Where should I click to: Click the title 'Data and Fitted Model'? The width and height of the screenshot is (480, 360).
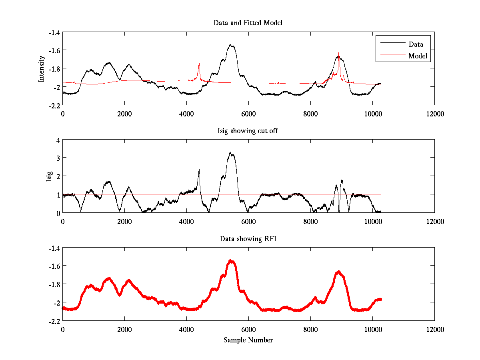(248, 23)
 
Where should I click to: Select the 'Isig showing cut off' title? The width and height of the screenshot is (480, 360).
(248, 131)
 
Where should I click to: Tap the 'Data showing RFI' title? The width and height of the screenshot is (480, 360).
(248, 239)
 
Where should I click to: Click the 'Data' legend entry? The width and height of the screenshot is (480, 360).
(416, 44)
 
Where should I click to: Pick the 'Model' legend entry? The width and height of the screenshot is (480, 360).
(418, 56)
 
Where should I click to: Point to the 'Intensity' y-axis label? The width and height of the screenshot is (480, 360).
(41, 69)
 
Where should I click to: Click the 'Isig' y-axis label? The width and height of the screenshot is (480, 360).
(49, 176)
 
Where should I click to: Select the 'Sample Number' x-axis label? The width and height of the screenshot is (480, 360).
(248, 340)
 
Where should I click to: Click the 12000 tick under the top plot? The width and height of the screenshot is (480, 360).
(434, 114)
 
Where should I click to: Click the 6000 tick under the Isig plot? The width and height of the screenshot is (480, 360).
(248, 221)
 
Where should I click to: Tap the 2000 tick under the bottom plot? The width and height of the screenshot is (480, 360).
(124, 329)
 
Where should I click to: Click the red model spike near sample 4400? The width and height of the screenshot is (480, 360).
(199, 64)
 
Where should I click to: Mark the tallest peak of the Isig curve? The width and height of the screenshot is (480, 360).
(230, 152)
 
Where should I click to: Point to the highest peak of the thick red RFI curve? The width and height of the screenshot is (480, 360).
(231, 260)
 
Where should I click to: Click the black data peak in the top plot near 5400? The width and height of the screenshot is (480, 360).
(231, 45)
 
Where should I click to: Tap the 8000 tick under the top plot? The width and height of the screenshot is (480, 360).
(310, 114)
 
